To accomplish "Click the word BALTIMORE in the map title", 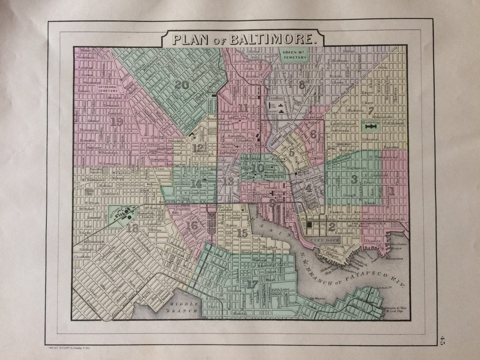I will click(x=273, y=39).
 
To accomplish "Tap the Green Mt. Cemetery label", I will click(x=294, y=54).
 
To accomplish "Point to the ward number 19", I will click(x=117, y=121).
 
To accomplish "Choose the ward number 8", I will click(x=301, y=85).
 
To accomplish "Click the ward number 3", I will click(x=354, y=179).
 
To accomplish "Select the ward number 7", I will click(x=371, y=111).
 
